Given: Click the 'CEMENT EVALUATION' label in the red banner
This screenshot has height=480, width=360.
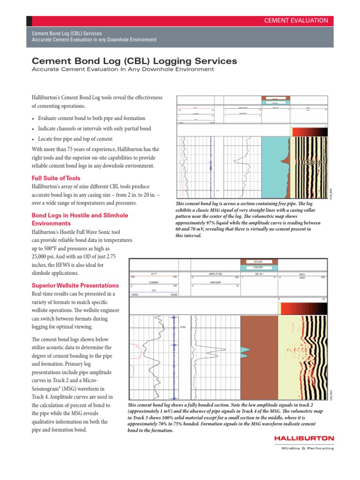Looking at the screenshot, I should click(296, 21).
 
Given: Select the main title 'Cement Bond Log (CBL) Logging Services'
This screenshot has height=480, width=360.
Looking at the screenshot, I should click(134, 61).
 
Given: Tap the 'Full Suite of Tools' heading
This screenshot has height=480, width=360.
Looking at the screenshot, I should click(56, 178).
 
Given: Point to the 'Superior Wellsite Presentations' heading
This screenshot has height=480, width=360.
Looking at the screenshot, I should click(75, 285).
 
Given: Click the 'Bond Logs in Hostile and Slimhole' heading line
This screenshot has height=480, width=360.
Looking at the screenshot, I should click(79, 215).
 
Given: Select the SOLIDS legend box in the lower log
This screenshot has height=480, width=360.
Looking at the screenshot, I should click(259, 262).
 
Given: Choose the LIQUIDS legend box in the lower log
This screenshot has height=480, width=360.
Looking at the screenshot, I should click(259, 268).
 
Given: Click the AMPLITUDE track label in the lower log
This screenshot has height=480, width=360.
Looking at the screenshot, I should click(215, 273).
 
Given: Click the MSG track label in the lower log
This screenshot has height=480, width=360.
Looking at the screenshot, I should click(302, 274).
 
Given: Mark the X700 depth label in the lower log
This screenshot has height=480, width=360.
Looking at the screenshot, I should click(183, 327).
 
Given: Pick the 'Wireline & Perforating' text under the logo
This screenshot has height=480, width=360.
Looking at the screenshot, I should click(307, 449).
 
